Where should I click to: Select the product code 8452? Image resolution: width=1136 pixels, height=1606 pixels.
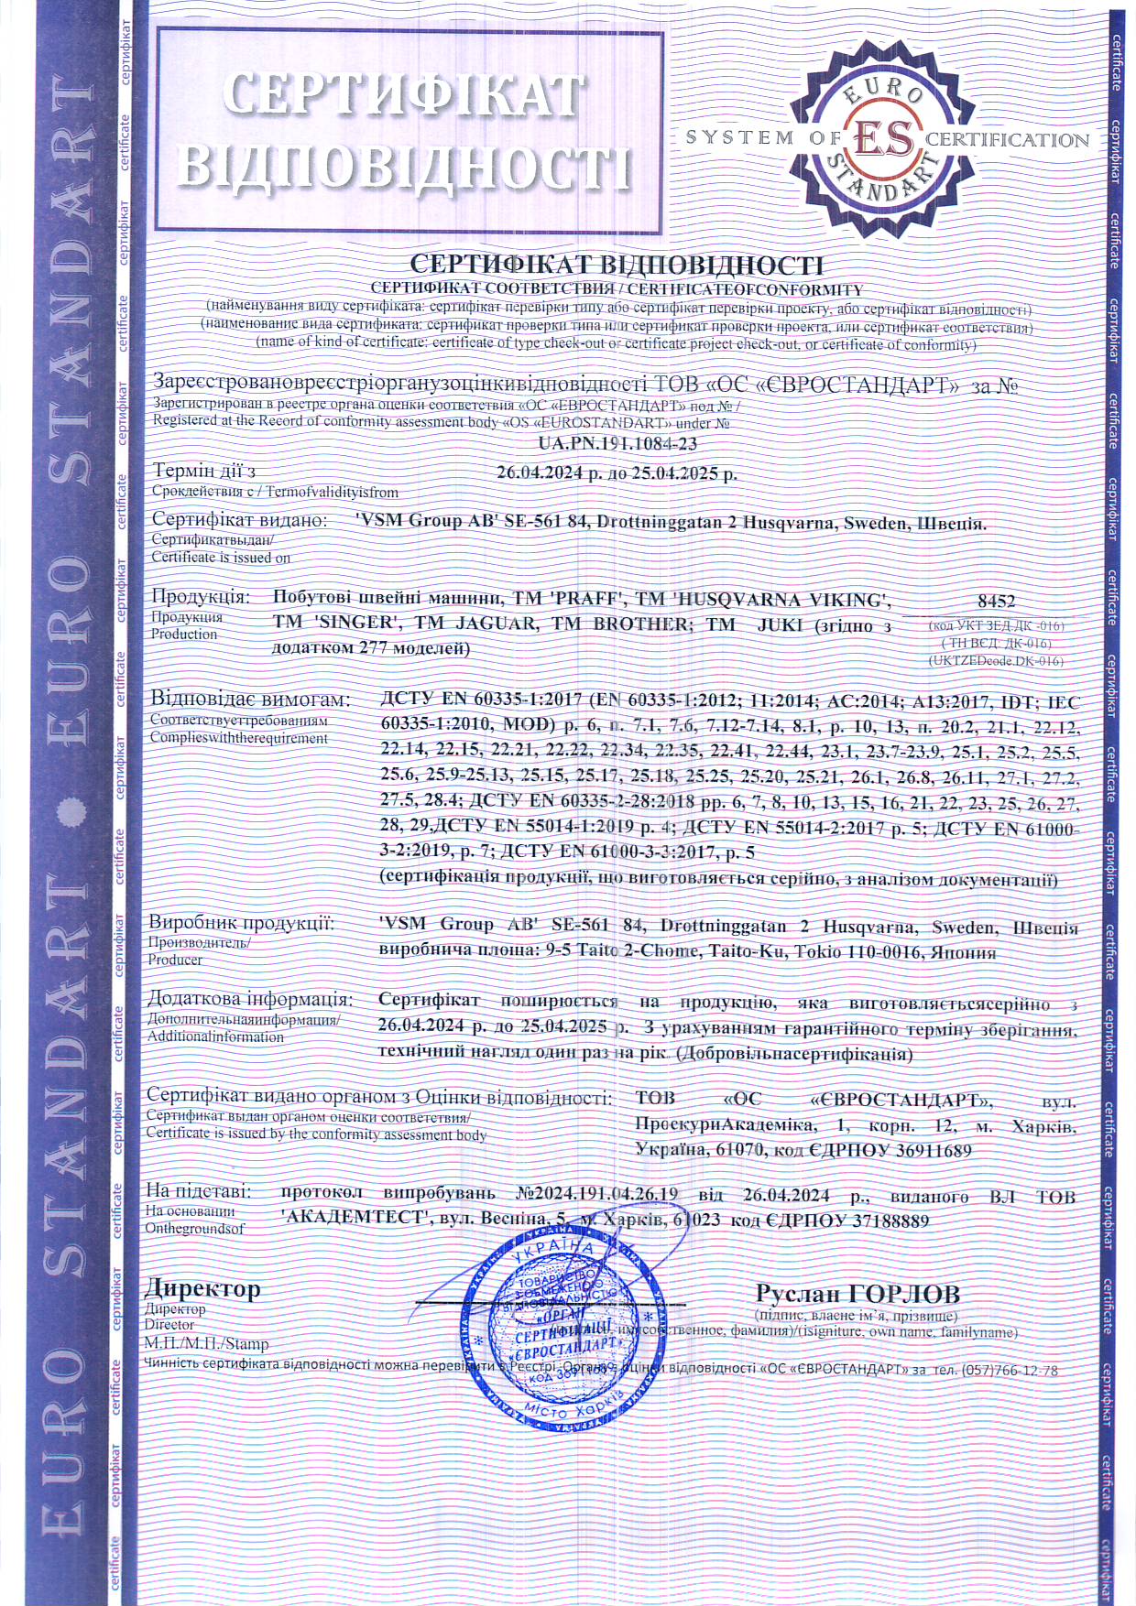[x=996, y=602]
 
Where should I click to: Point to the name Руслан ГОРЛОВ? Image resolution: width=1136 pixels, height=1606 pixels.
[x=857, y=1293]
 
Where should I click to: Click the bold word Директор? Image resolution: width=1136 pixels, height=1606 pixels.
[x=202, y=1288]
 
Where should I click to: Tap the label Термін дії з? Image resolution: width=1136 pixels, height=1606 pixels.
[x=203, y=472]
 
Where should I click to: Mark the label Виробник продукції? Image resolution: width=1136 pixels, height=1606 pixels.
[x=241, y=923]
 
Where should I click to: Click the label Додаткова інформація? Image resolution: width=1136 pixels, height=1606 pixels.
[x=249, y=999]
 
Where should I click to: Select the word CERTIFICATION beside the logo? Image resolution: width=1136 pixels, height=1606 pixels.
[x=1007, y=140]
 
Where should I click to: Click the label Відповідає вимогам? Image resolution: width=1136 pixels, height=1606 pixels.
[x=250, y=700]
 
